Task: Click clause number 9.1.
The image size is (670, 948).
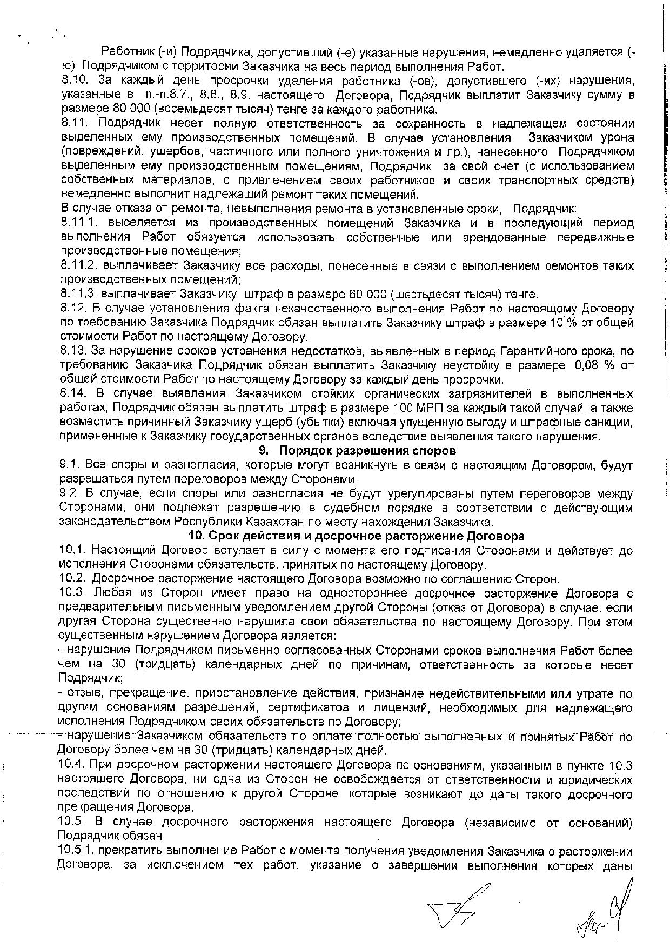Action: (69, 465)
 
